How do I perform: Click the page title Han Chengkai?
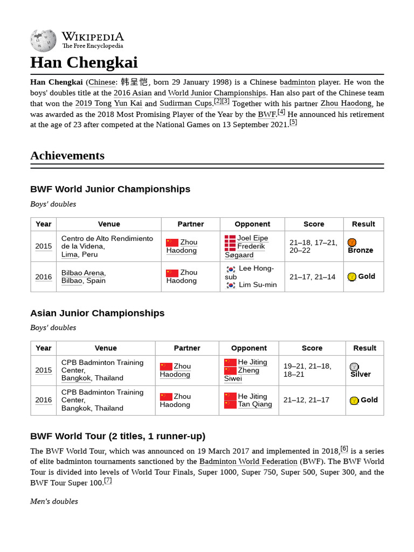84,62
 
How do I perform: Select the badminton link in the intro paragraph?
298,82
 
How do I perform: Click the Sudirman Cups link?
186,103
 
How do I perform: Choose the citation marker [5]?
293,122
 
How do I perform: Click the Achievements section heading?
67,156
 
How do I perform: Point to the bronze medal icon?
352,243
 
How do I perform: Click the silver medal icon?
354,367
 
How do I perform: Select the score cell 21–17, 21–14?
312,277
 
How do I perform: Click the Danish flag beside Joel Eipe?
230,238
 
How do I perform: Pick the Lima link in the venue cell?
69,254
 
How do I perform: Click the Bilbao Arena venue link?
83,273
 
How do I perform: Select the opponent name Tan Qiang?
255,404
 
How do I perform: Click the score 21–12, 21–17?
306,401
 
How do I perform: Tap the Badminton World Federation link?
248,462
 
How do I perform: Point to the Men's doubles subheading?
54,501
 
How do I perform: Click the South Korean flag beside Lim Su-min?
231,285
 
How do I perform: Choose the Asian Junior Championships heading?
97,313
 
